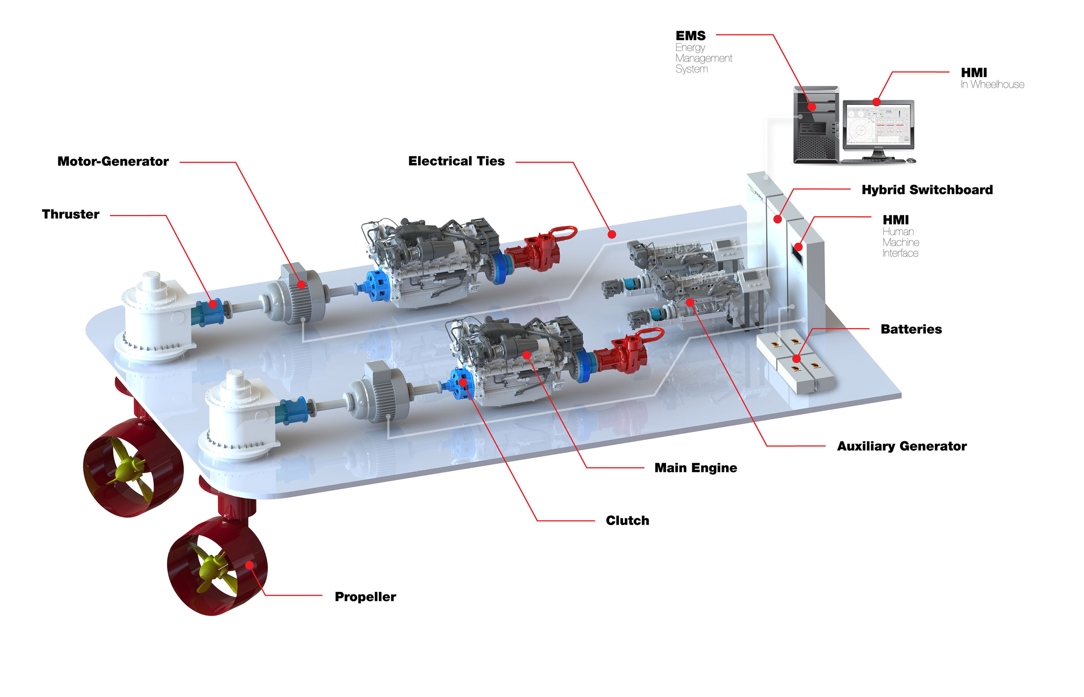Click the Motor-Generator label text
(113, 162)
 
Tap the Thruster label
(70, 215)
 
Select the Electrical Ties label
(456, 161)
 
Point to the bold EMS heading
(690, 36)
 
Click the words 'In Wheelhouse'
(992, 85)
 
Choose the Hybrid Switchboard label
(927, 190)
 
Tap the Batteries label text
(911, 329)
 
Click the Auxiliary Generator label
(902, 446)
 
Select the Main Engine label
(696, 468)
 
